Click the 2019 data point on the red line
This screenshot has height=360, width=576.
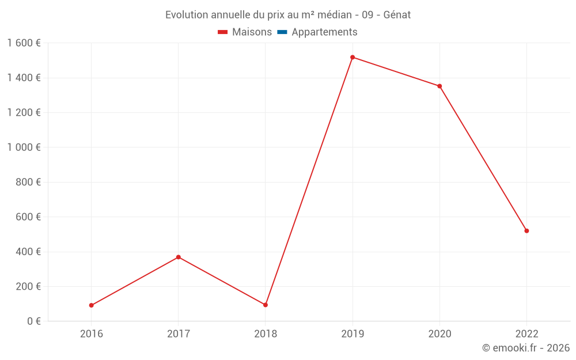point(353,57)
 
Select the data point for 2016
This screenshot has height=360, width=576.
point(92,305)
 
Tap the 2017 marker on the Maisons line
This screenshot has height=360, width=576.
point(179,257)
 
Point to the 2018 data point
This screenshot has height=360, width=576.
point(266,305)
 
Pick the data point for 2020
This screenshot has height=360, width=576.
point(439,86)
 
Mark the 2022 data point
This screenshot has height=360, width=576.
point(526,231)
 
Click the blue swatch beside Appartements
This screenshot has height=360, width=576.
point(282,32)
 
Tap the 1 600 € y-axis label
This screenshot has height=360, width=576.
point(24,43)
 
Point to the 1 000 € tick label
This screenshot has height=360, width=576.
point(24,147)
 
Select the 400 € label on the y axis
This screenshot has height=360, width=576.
point(27,252)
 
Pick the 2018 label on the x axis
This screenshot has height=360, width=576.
point(266,334)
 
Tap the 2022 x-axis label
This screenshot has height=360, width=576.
point(526,334)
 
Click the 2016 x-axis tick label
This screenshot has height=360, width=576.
point(92,334)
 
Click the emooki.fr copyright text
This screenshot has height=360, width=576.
point(526,348)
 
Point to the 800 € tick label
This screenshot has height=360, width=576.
point(27,182)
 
